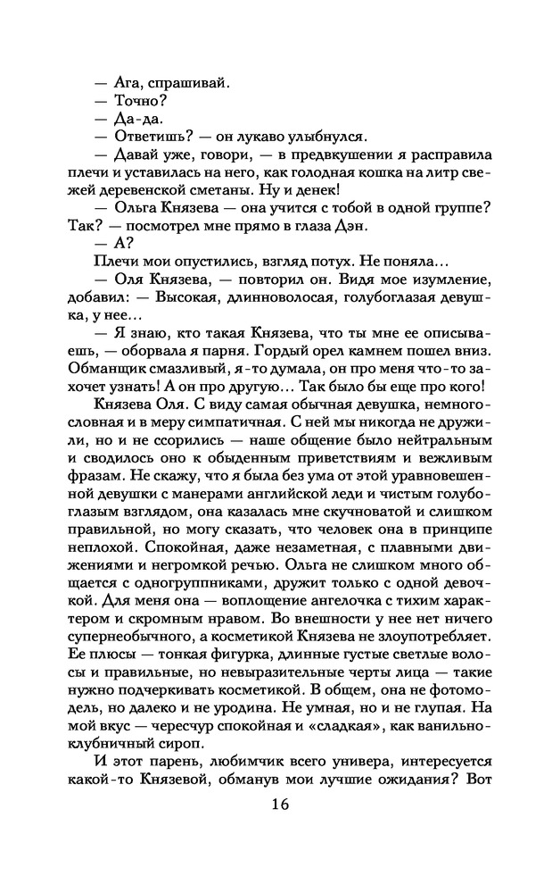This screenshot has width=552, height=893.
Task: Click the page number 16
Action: pyautogui.click(x=278, y=805)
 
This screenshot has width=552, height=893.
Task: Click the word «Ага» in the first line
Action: pyautogui.click(x=128, y=82)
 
